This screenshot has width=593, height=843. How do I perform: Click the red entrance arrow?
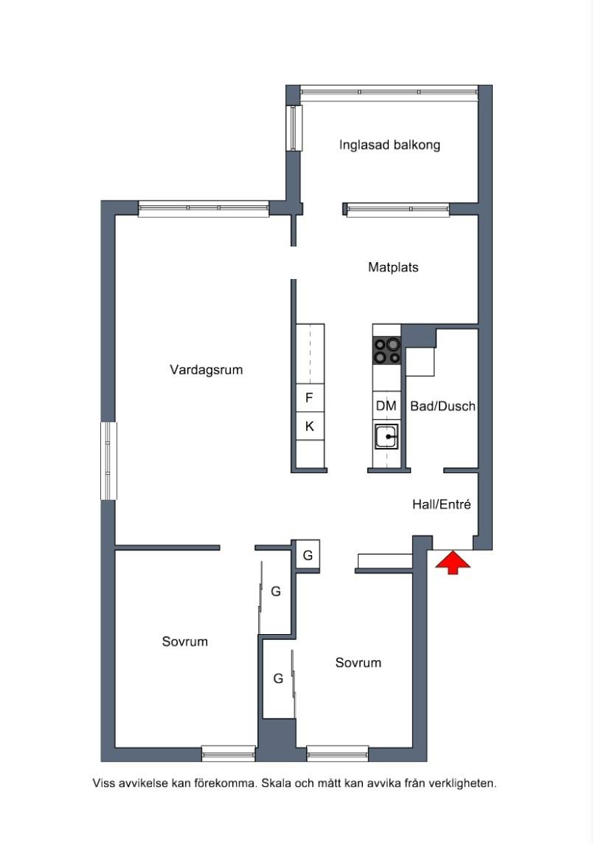point(452,562)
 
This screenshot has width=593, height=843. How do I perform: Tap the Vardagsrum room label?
point(207,370)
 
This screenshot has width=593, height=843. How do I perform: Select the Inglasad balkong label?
point(389,145)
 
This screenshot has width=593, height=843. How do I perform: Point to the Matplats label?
point(393,267)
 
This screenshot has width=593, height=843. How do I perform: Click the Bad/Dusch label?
point(443,406)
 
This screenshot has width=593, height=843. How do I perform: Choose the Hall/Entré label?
point(442,504)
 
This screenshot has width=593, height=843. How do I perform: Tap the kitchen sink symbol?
point(386,436)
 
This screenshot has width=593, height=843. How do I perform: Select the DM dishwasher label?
point(386,406)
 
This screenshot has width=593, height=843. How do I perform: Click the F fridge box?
point(310,398)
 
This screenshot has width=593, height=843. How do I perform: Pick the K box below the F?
point(310,427)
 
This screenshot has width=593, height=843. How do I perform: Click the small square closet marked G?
point(308,555)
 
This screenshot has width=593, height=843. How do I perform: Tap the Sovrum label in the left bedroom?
point(185,641)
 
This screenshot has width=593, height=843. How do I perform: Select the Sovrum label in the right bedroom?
point(358,663)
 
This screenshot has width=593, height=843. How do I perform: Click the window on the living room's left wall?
point(108,461)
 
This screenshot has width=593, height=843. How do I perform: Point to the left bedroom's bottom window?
point(229,753)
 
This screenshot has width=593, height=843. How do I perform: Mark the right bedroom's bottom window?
point(338,753)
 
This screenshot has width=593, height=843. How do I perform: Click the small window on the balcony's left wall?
point(294,128)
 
